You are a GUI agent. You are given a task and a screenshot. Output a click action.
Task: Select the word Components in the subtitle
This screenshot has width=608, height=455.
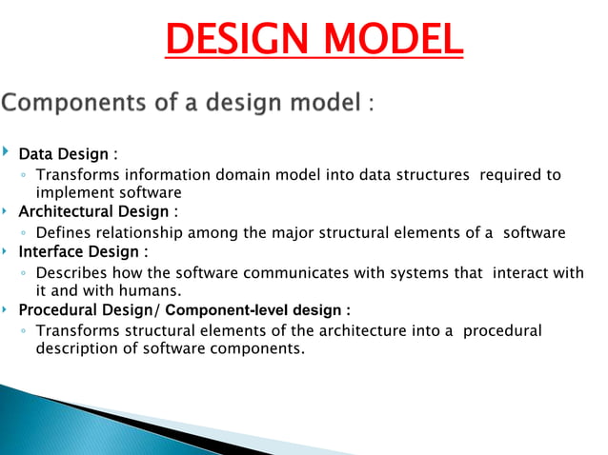(86, 102)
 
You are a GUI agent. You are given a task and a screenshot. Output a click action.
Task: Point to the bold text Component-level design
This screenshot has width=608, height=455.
(271, 310)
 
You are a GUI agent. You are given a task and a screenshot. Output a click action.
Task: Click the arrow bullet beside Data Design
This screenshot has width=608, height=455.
(7, 152)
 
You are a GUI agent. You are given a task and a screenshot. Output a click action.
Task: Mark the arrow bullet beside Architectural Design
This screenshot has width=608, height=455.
(7, 210)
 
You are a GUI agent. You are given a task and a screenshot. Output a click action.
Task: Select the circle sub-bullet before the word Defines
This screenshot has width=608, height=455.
(24, 233)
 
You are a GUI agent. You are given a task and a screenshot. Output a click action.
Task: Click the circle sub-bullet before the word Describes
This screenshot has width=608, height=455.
(24, 274)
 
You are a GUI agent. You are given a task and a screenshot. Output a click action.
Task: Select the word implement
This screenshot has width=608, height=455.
(71, 191)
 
